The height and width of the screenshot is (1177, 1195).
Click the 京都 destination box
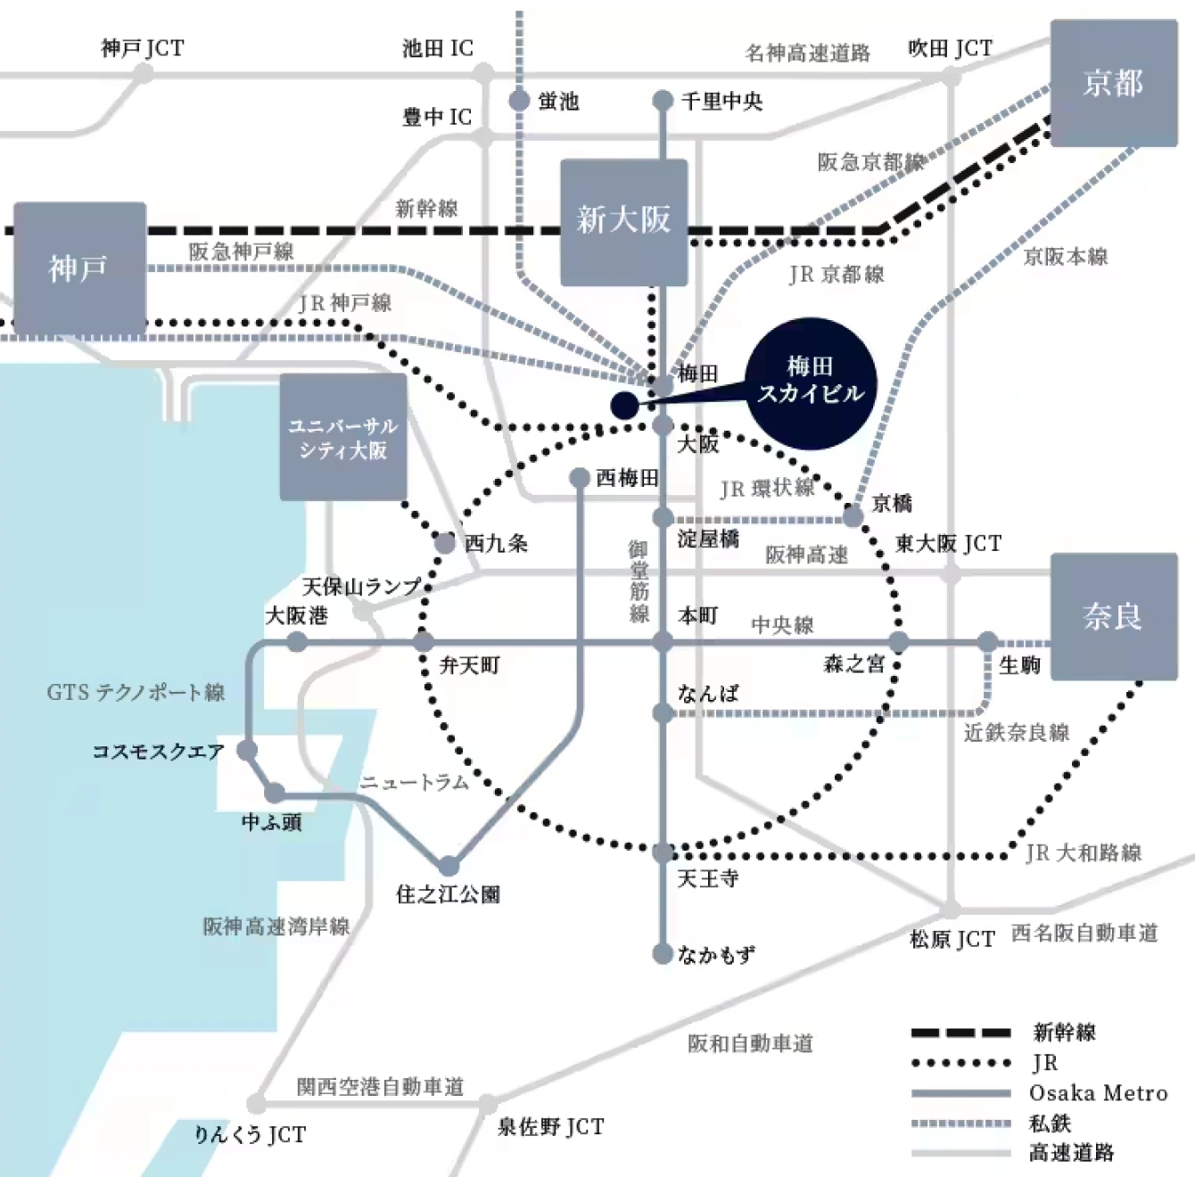(1114, 83)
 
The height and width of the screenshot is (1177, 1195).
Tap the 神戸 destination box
(80, 267)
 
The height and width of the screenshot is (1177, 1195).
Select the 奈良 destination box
(1114, 616)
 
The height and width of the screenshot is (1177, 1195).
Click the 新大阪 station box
(624, 222)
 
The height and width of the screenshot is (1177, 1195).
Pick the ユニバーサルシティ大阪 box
(343, 437)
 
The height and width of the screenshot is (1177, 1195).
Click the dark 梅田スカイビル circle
(811, 383)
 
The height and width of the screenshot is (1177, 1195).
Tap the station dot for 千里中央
(663, 101)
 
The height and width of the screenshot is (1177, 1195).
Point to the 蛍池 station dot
(519, 101)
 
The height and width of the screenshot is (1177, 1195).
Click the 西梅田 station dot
(579, 478)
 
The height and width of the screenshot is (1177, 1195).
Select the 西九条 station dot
(445, 544)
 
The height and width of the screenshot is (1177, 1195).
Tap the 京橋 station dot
(853, 516)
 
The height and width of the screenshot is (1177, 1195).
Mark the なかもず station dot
(663, 954)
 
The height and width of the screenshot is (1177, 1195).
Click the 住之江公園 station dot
(449, 866)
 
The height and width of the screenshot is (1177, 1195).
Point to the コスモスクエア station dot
(247, 751)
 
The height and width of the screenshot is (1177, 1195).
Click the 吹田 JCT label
(950, 48)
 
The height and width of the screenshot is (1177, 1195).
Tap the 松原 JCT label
(952, 940)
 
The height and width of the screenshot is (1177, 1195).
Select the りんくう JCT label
(250, 1135)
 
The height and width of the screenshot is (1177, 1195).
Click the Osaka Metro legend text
(1099, 1092)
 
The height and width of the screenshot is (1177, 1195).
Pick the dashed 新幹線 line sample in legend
(960, 1033)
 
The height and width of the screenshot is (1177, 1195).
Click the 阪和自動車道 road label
(750, 1043)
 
